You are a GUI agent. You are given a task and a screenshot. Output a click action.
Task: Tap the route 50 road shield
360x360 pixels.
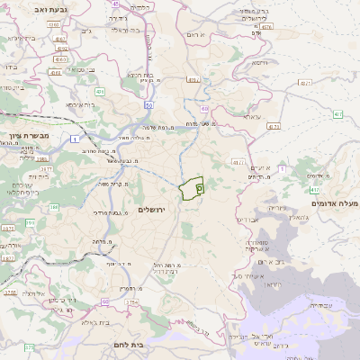click(x=147, y=105)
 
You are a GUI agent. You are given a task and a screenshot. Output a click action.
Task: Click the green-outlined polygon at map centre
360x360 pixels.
click(x=191, y=189)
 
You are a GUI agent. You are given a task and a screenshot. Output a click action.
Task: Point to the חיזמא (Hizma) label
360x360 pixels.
click(x=260, y=64)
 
